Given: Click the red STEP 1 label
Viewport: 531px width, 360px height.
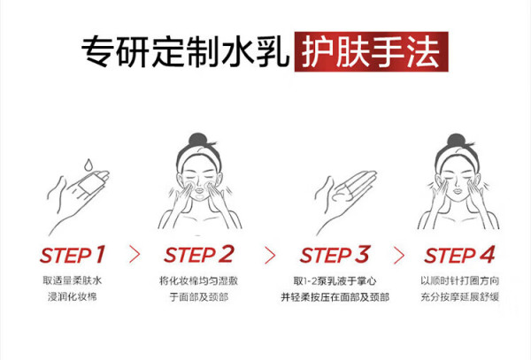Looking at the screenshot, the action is pos(73,255).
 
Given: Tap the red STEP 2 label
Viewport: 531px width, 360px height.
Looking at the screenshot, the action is pos(199,255).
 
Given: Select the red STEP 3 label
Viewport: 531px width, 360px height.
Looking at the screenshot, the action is pos(335,255).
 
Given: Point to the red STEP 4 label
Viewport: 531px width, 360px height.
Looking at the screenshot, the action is pos(460,255).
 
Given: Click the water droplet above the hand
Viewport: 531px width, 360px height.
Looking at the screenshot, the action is pos(88,165).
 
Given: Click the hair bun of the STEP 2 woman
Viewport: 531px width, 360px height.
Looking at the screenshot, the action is pos(197,140).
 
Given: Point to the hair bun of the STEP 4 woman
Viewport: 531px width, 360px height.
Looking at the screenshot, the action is pos(456,141).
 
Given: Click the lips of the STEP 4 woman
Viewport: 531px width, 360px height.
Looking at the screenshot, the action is pos(458,191).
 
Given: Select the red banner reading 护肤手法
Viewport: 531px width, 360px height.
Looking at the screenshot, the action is pos(371,52).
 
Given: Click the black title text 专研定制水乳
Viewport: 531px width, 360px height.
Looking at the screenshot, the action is pos(185,52).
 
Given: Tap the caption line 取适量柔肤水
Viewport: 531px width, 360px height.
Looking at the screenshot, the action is pos(73,280).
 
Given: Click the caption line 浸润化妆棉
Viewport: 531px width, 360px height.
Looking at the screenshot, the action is pos(73,296).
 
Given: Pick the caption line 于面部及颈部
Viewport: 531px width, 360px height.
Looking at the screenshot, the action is pos(199,296).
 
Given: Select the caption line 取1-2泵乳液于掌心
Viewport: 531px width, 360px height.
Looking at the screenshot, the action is pos(335,280).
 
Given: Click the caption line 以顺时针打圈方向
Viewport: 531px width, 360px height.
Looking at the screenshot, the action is pos(460,280).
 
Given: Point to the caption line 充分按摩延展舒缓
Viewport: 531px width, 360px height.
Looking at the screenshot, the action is pos(460,296).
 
